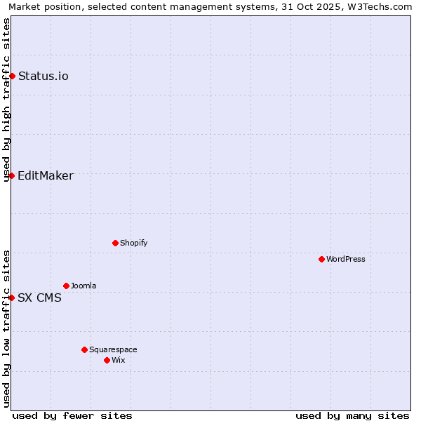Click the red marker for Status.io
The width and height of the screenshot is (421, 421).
pyautogui.click(x=12, y=76)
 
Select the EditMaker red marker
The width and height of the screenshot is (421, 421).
pyautogui.click(x=12, y=175)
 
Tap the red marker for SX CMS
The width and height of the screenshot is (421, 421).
pyautogui.click(x=12, y=298)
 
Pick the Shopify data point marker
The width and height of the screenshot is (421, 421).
pyautogui.click(x=115, y=243)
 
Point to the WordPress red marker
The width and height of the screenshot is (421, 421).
pyautogui.click(x=321, y=259)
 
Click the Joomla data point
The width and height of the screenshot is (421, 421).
pyautogui.click(x=66, y=286)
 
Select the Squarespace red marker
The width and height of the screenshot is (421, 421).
pyautogui.click(x=84, y=349)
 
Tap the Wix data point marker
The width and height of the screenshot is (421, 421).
pyautogui.click(x=107, y=360)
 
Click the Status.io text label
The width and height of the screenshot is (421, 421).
pyautogui.click(x=44, y=76)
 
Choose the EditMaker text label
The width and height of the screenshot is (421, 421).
pyautogui.click(x=46, y=175)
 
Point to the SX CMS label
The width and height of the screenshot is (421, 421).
pyautogui.click(x=39, y=298)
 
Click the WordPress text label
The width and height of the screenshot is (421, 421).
pyautogui.click(x=346, y=259)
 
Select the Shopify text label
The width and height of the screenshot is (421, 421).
pyautogui.click(x=133, y=243)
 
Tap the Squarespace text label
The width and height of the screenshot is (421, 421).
pyautogui.click(x=113, y=349)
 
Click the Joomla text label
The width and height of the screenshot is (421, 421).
pyautogui.click(x=83, y=286)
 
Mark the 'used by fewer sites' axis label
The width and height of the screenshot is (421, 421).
pyautogui.click(x=72, y=415)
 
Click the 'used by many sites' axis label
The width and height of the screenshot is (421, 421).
pyautogui.click(x=352, y=415)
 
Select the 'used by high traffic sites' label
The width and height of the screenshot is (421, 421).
pyautogui.click(x=7, y=100)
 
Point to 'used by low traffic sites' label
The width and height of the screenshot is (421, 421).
pyautogui.click(x=7, y=328)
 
